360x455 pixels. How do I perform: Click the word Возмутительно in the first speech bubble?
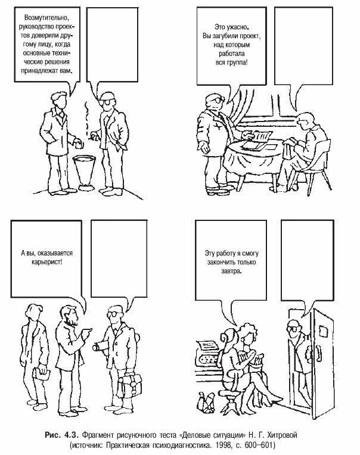(x=46, y=18)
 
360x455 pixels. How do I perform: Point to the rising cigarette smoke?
(x=86, y=117)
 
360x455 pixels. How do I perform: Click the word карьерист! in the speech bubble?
(x=46, y=261)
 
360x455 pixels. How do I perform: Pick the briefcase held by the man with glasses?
(x=129, y=384)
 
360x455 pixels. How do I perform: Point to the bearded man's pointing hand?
(x=86, y=332)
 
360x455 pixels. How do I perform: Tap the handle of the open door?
(x=319, y=352)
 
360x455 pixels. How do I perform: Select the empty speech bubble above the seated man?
(x=304, y=46)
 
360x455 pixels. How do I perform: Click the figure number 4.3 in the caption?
(x=72, y=435)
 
